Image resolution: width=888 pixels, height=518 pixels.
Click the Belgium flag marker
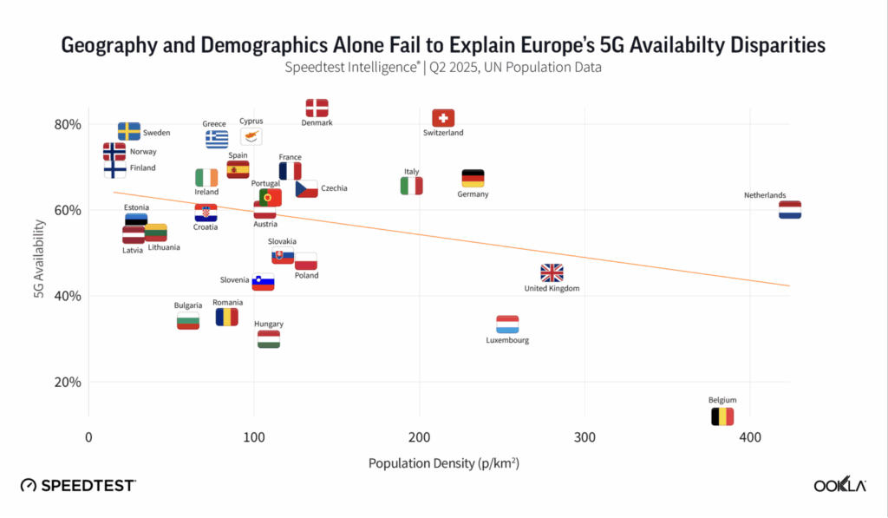click(722, 416)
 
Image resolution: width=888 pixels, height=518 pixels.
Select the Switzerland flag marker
click(443, 118)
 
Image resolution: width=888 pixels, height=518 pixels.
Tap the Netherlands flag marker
click(790, 210)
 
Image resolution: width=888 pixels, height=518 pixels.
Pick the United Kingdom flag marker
click(552, 273)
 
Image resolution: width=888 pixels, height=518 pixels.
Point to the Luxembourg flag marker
click(507, 325)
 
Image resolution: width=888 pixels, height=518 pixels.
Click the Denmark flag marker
click(317, 108)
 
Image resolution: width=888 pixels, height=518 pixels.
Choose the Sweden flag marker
click(129, 131)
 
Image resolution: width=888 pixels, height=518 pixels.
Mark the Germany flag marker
click(473, 179)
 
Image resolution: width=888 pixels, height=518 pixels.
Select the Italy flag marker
click(411, 186)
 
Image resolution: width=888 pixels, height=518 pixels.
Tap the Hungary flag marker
click(269, 339)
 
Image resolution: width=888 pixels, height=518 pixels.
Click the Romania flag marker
click(227, 317)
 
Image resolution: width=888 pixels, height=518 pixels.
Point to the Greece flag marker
click(217, 139)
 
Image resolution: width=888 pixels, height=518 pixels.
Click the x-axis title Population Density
click(443, 463)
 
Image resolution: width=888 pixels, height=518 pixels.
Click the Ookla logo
click(839, 486)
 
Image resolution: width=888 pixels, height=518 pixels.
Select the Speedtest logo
click(78, 486)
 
